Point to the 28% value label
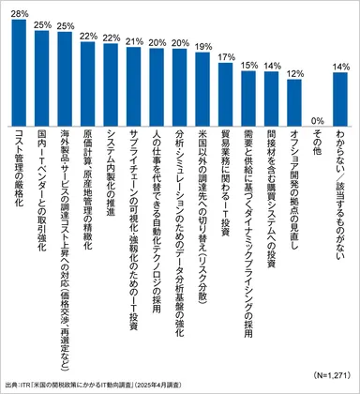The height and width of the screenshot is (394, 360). click(19, 12)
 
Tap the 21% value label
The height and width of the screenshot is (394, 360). click(133, 41)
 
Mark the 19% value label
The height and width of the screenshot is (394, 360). click(202, 45)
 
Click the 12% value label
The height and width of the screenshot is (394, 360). click(294, 71)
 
